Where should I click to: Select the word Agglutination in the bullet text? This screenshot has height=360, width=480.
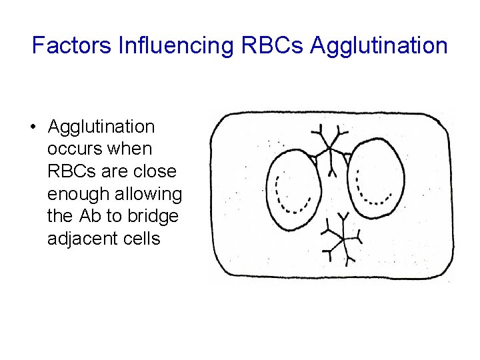[x=101, y=127]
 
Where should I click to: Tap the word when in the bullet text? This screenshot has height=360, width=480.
[x=129, y=149]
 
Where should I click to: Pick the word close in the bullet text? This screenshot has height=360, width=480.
[x=153, y=171]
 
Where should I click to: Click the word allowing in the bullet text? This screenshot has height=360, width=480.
[x=151, y=194]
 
